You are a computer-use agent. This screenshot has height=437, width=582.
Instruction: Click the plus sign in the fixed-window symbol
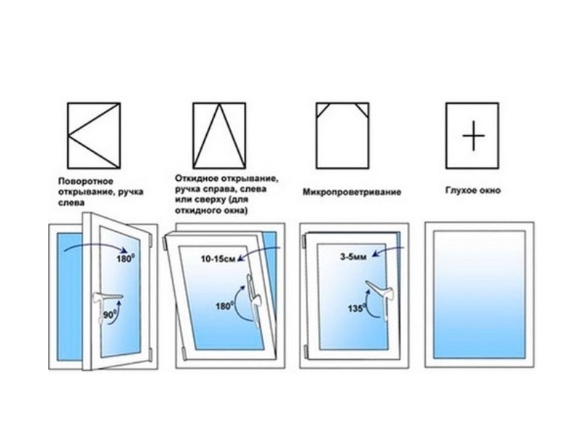tap(473, 136)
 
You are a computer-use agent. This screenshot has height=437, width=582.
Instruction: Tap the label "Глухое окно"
tap(473, 191)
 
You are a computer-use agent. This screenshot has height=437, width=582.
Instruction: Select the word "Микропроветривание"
tap(352, 192)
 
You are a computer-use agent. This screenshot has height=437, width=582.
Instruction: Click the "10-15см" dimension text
tap(218, 259)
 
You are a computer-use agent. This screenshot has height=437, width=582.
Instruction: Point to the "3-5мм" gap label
tap(353, 256)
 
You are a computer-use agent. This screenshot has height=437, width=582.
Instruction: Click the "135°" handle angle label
tap(357, 308)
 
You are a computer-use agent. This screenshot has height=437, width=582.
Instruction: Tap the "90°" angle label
tap(110, 315)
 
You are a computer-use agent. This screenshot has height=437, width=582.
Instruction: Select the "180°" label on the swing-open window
tap(125, 258)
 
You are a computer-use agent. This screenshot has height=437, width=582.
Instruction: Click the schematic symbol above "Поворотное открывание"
tap(94, 136)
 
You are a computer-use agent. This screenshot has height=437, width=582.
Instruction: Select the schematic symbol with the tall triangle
tap(219, 136)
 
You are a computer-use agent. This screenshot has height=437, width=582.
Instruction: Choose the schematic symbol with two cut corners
tap(342, 136)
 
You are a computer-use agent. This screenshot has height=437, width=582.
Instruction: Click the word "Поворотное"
tap(86, 181)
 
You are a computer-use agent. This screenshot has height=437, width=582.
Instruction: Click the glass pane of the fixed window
tap(479, 294)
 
